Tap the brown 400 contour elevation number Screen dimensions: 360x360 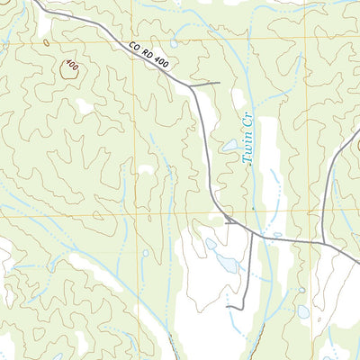click(x=71, y=67)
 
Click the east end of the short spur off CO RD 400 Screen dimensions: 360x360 click(x=219, y=84)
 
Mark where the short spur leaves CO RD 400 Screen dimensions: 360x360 click(x=190, y=86)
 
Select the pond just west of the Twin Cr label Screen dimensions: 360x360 click(x=230, y=145)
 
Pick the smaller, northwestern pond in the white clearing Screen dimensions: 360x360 click(x=211, y=244)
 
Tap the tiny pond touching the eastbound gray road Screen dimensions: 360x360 click(x=276, y=235)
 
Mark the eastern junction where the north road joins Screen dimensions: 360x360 click(x=321, y=241)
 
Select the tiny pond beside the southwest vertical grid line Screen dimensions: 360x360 click(x=145, y=253)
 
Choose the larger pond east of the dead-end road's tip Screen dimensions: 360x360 click(x=303, y=312)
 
